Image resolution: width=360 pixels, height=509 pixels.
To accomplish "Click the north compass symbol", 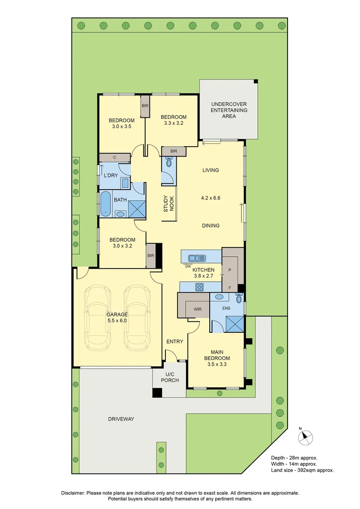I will point(306,438).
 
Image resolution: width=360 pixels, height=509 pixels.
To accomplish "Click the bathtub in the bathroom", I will point(106,204).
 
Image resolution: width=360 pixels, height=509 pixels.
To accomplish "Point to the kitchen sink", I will point(197,258).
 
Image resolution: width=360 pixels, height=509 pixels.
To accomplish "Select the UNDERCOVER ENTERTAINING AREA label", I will point(229,110).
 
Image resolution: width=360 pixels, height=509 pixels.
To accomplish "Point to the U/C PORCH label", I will point(170,377).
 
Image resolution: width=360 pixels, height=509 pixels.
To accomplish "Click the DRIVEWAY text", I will point(121,419).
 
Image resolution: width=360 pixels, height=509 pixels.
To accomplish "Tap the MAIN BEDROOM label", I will point(217,355).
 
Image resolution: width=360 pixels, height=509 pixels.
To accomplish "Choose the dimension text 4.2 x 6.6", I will point(210,198).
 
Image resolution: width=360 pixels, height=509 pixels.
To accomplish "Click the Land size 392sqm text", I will point(302,470).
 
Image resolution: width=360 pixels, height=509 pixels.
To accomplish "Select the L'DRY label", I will point(110,175).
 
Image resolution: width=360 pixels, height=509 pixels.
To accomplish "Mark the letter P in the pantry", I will point(230,270).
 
